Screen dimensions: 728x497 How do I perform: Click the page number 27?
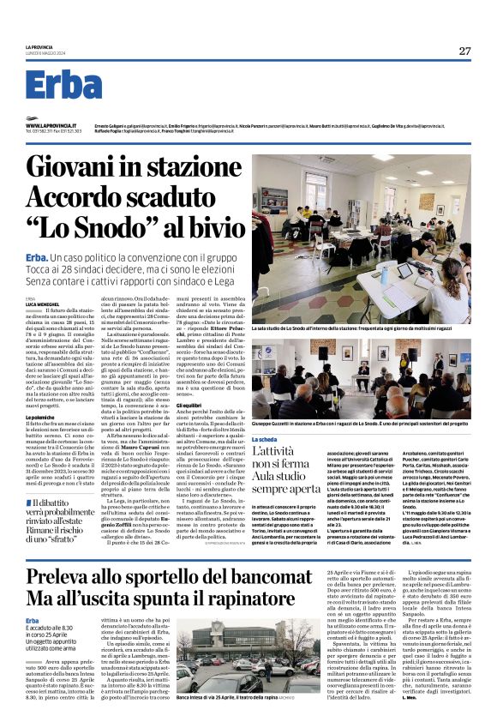(x=464, y=51)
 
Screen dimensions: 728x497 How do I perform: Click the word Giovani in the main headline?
(x=81, y=165)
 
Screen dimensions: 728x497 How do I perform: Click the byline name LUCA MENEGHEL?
(x=42, y=305)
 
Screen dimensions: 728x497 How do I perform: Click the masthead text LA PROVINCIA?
(x=39, y=46)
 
